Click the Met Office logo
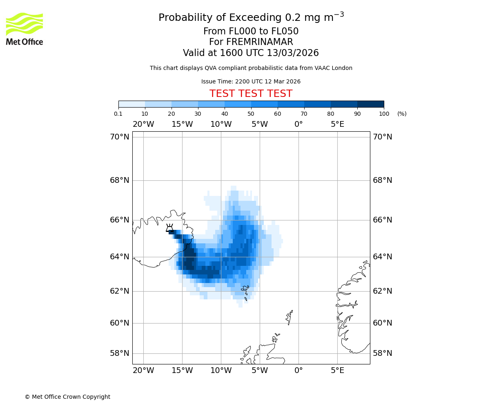(x=24, y=29)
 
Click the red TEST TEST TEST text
(x=251, y=94)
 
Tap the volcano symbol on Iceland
(x=169, y=228)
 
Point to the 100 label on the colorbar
(x=384, y=114)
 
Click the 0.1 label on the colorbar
(x=118, y=114)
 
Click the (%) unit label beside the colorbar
(x=402, y=114)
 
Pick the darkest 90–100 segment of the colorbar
(x=370, y=104)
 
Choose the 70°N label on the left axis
(x=119, y=137)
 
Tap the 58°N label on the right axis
(x=382, y=353)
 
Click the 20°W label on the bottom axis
(x=143, y=371)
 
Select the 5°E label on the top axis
(x=337, y=124)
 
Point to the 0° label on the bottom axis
(x=298, y=371)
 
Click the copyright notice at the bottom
(x=67, y=397)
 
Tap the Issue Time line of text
(x=251, y=82)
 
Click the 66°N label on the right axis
(x=382, y=220)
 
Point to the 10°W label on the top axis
(x=221, y=124)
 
